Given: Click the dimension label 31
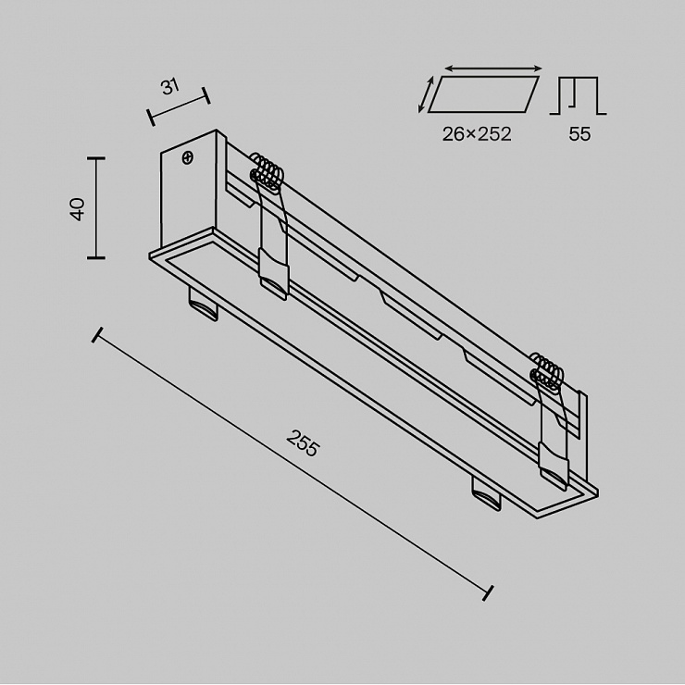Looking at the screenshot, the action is click(170, 86).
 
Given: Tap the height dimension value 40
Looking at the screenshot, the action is click(78, 209).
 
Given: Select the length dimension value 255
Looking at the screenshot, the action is click(304, 443).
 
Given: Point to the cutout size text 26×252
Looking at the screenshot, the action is click(477, 134).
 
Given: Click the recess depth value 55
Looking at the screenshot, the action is click(579, 134).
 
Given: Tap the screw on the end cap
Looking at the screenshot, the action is click(188, 157).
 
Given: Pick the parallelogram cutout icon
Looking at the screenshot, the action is click(483, 94).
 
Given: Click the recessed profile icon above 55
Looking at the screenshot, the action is click(578, 96).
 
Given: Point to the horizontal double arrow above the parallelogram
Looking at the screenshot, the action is click(493, 68).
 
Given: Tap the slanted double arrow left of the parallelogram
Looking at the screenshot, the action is click(426, 94).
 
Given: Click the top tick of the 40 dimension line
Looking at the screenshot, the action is click(95, 158).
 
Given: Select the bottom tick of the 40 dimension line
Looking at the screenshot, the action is click(95, 257).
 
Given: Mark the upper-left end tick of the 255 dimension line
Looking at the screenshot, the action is click(97, 335).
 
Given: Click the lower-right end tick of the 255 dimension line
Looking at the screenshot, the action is click(488, 592).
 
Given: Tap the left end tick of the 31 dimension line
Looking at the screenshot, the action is click(151, 118).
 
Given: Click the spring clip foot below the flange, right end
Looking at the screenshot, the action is click(486, 493).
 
